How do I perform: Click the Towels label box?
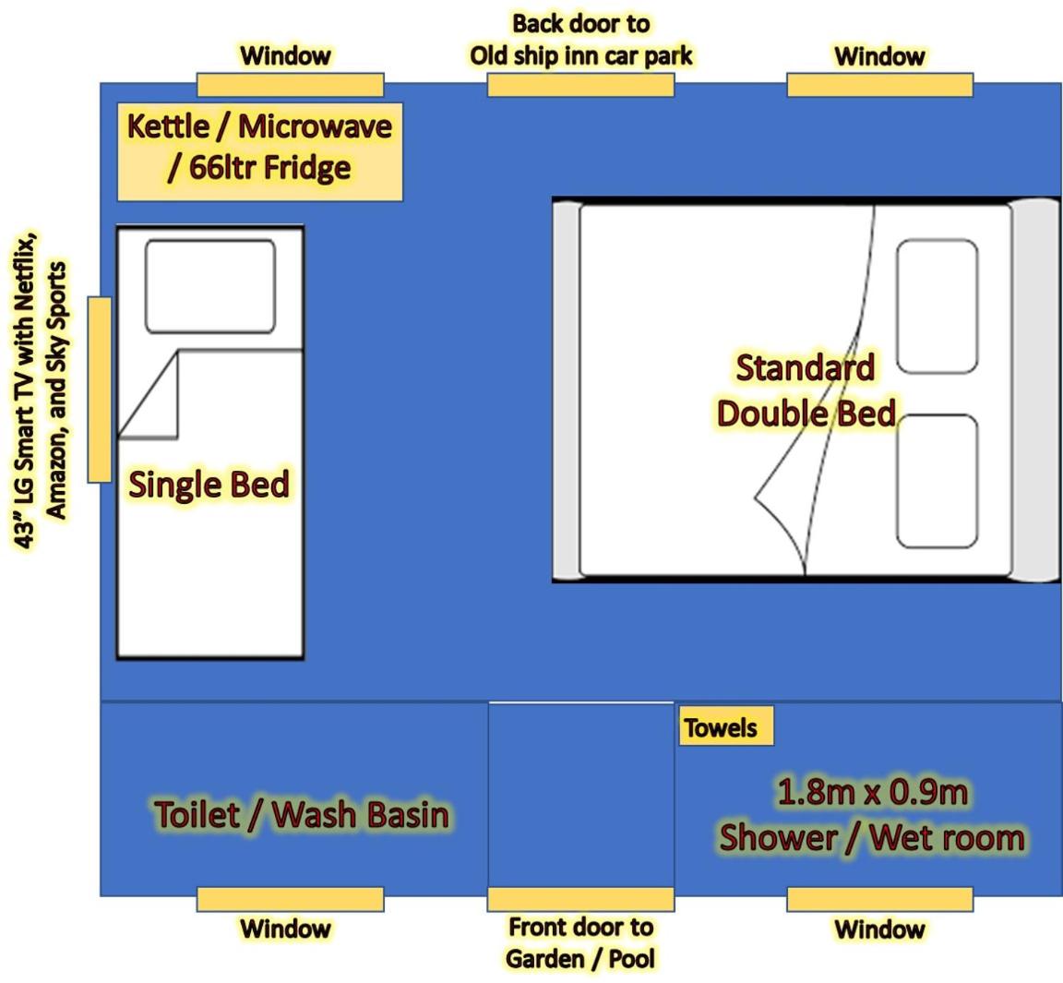(725, 727)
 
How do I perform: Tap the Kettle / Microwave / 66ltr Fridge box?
(259, 152)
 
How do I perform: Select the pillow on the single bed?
(210, 286)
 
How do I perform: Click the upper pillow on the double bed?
(938, 306)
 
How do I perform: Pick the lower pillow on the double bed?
(938, 482)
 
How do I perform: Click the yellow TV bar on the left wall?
(99, 389)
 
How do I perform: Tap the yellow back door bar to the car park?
(580, 85)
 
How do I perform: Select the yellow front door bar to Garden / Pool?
(580, 899)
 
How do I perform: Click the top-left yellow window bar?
(290, 85)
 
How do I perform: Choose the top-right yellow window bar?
(879, 85)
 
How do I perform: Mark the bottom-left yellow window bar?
(290, 899)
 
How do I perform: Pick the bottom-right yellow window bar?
(879, 899)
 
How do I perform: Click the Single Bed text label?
(209, 485)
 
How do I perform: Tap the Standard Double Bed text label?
(806, 390)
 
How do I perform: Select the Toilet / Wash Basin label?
(302, 815)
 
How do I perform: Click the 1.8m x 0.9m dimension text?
(872, 792)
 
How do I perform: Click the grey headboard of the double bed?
(1034, 390)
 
